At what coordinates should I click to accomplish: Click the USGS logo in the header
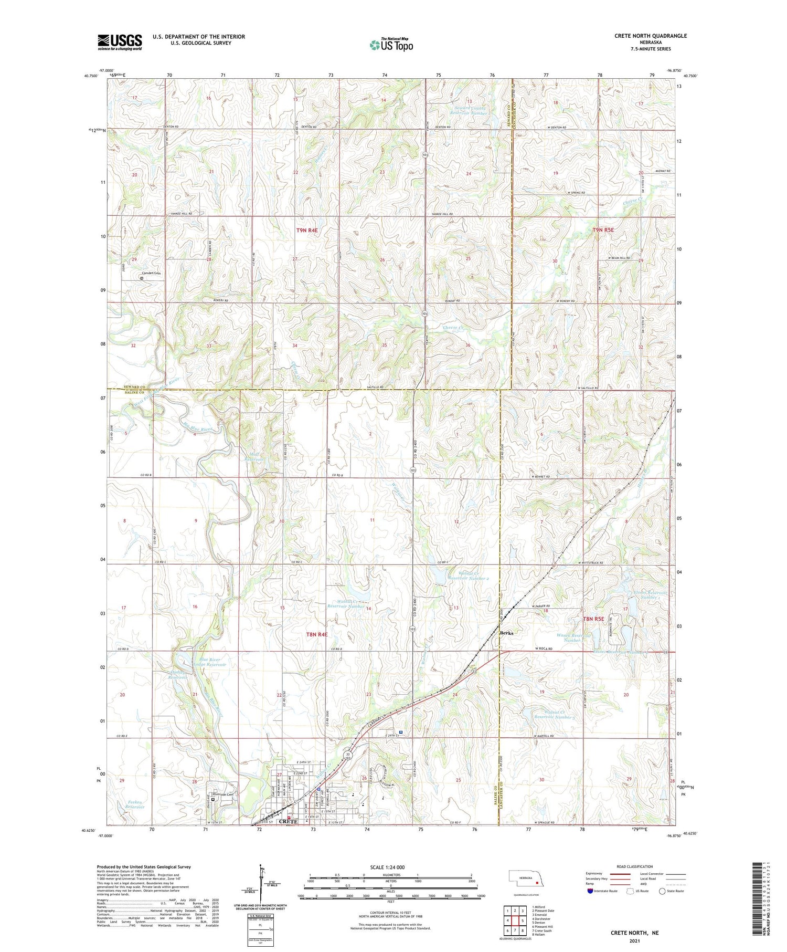[x=120, y=42]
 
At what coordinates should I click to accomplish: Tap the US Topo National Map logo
[x=391, y=45]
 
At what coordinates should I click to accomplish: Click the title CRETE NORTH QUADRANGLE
[x=650, y=36]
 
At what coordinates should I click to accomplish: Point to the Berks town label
[x=506, y=633]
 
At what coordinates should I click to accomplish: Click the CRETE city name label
[x=289, y=821]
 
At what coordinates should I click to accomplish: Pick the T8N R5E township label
[x=593, y=619]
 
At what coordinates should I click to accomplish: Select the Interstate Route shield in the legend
[x=590, y=891]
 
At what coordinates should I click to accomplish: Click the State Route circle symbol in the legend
[x=662, y=891]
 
